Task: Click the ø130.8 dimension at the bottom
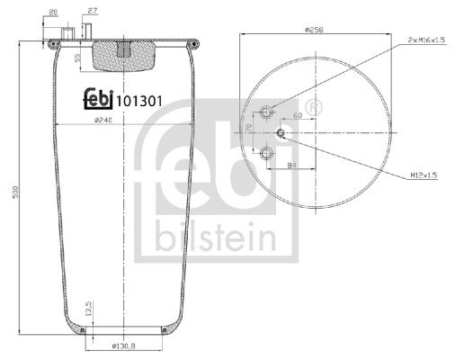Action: coord(122,346)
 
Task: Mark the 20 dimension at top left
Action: coord(54,12)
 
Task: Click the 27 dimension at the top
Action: coord(93,12)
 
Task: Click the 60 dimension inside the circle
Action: coord(296,116)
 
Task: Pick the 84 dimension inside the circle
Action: coord(291,165)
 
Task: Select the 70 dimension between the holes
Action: coord(249,133)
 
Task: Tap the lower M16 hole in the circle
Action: coord(265,155)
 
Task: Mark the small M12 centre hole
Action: coord(281,133)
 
